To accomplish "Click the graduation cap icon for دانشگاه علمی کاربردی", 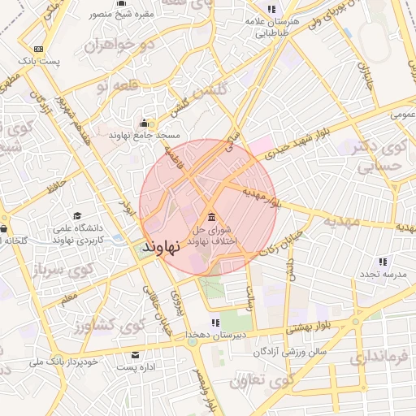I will pyautogui.click(x=77, y=217).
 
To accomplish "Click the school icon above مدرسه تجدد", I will pyautogui.click(x=382, y=262).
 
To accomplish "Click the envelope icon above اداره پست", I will pyautogui.click(x=134, y=355).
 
